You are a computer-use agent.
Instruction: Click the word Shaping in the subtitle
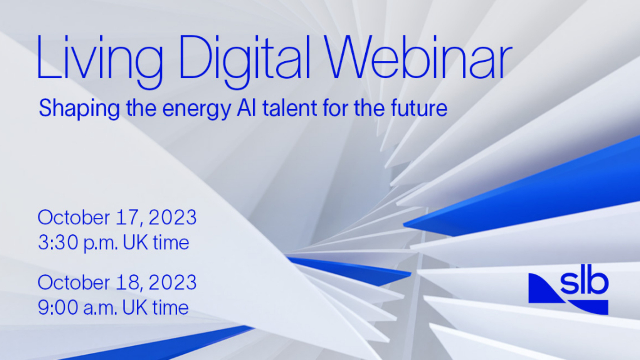79,109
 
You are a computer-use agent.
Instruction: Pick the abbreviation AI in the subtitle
246,108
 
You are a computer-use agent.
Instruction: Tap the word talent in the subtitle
290,108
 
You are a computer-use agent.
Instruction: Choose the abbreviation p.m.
101,244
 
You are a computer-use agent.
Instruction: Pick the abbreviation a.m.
100,309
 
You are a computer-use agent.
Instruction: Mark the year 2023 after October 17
173,217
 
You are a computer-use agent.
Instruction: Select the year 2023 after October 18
173,282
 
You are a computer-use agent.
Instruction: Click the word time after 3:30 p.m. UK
171,242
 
